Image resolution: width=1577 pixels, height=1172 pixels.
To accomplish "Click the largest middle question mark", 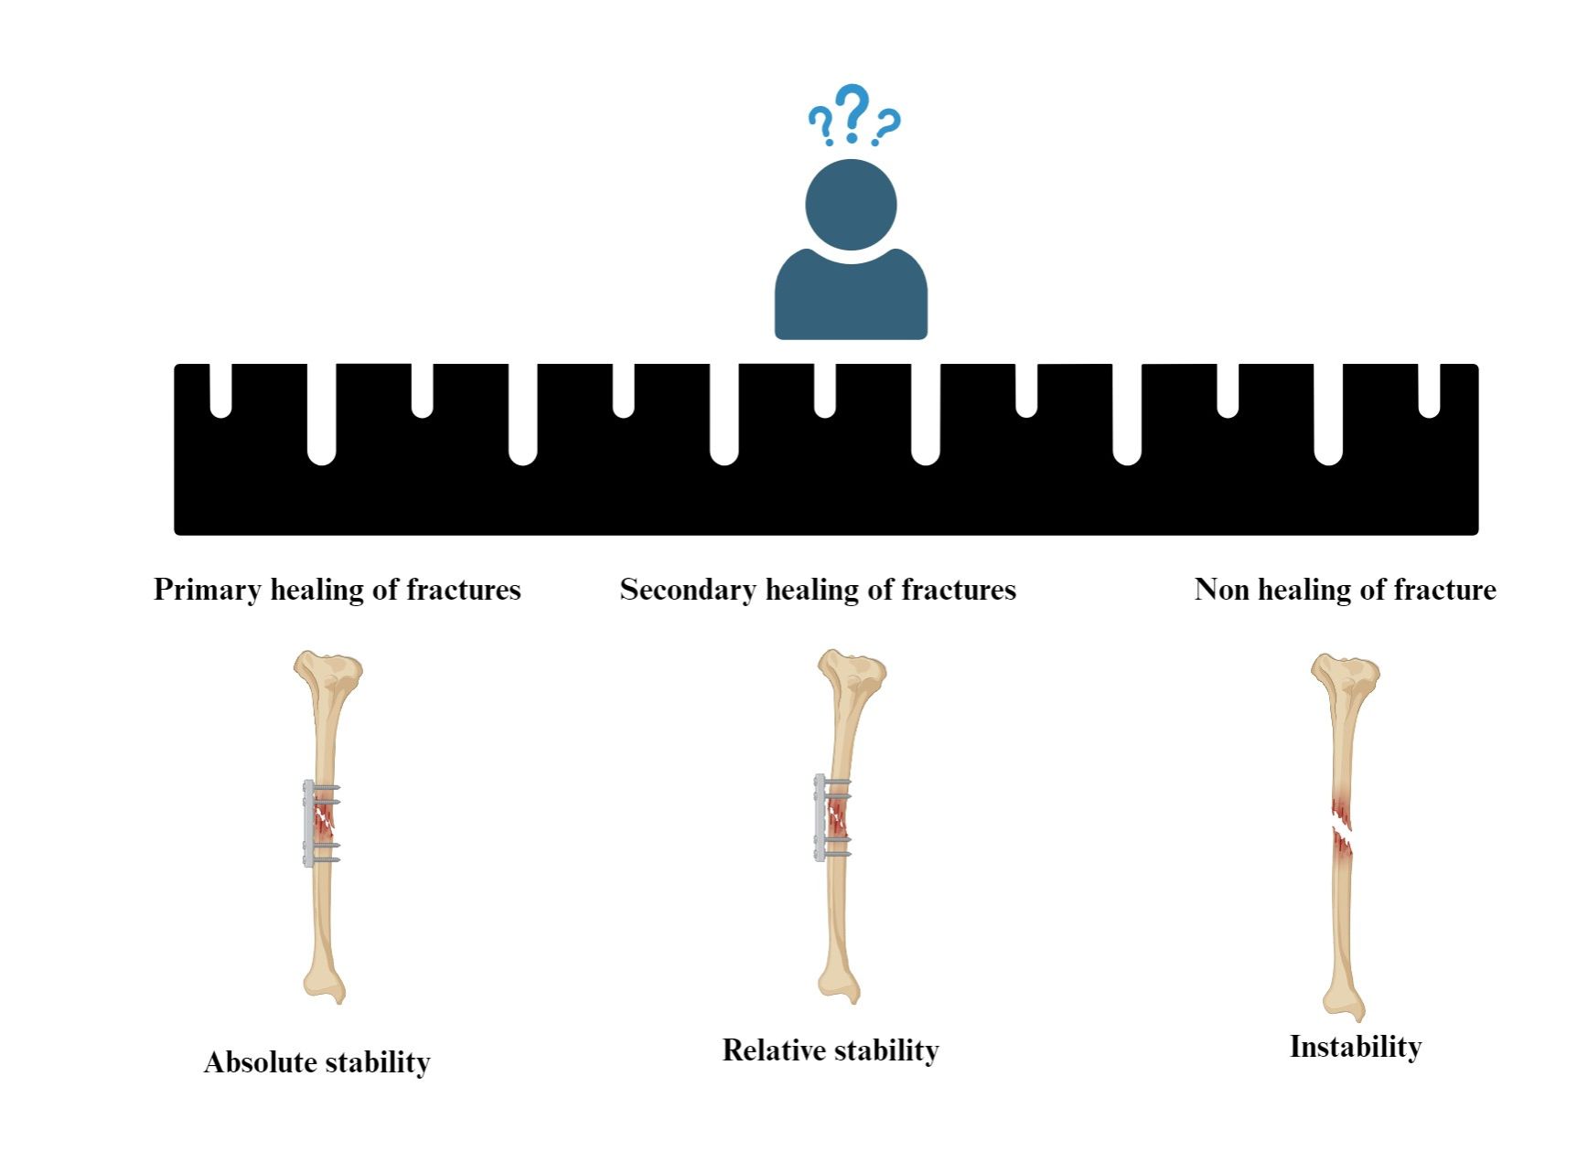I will click(853, 112).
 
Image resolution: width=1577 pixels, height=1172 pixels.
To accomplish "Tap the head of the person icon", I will click(851, 205).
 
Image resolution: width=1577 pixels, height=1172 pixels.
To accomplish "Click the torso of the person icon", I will click(851, 297).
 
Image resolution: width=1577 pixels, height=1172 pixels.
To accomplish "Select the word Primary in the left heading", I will click(207, 590).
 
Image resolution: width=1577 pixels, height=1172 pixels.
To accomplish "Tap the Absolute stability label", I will click(316, 1062).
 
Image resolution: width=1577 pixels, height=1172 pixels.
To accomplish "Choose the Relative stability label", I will click(831, 1050).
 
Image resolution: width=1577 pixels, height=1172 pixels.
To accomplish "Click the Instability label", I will click(1356, 1047).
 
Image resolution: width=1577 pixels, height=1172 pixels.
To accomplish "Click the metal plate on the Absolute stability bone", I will click(308, 823).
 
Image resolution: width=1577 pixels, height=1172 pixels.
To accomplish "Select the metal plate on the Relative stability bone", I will click(820, 817).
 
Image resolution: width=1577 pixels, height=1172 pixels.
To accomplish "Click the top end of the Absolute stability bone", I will click(327, 668).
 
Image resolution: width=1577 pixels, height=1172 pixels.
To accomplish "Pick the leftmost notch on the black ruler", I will click(220, 390).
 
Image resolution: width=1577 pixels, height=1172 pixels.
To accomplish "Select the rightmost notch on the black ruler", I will click(1429, 390).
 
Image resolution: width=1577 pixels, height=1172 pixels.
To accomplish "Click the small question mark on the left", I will click(821, 124).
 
